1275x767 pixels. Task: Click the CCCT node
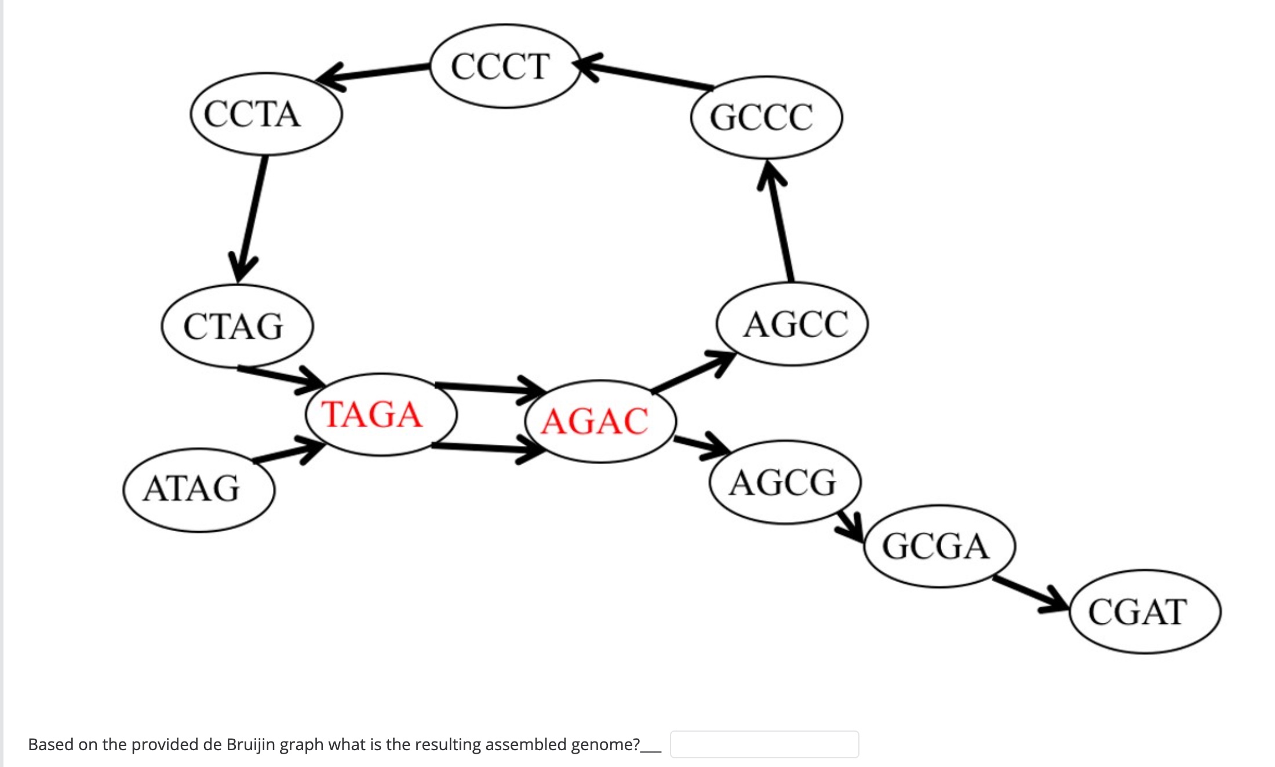pos(504,66)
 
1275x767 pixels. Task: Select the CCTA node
pos(266,114)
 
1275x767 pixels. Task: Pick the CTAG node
pos(237,326)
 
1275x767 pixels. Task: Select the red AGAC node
pos(600,421)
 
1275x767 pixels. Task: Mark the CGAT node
pos(1145,612)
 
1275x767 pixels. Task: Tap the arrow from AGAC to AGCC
pos(693,372)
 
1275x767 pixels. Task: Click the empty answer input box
pos(764,744)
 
